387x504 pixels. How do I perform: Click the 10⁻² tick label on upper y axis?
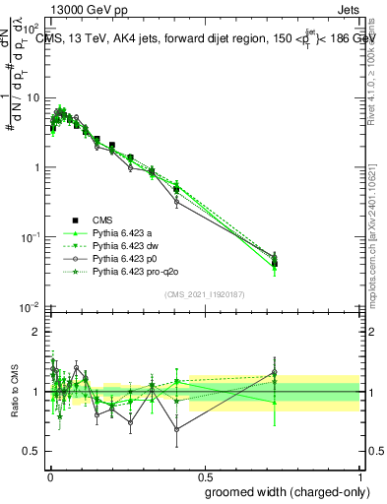32,308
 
